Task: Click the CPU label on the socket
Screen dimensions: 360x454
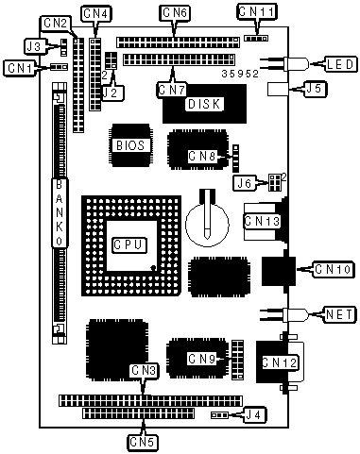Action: (129, 244)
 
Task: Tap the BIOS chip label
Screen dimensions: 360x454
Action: (130, 145)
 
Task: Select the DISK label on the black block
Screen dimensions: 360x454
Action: (204, 104)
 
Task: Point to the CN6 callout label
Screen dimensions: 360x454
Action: (175, 13)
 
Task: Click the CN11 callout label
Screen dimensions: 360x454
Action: (256, 12)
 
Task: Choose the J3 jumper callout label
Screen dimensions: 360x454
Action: (35, 46)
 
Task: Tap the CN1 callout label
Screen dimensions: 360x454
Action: (21, 68)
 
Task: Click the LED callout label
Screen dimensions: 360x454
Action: (340, 64)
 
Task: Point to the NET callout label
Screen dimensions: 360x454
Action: (339, 314)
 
